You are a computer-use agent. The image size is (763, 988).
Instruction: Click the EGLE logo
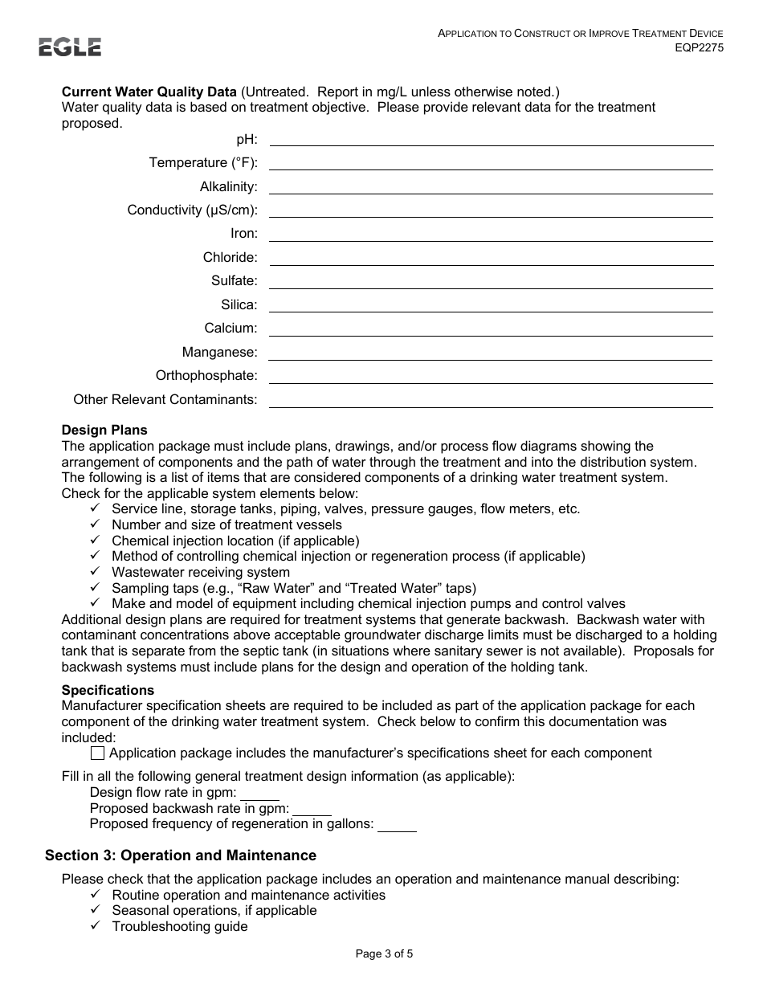(x=70, y=47)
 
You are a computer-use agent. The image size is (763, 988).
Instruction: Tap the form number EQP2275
(x=699, y=47)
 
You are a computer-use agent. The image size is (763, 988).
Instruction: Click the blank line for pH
(x=491, y=140)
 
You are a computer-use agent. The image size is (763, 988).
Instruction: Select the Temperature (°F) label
(x=202, y=163)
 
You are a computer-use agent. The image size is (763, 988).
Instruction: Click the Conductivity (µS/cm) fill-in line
(x=491, y=210)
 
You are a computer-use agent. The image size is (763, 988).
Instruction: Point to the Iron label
(x=243, y=234)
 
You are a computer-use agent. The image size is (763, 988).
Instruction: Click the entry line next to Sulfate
(x=491, y=282)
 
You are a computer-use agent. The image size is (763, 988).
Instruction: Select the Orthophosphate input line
(x=491, y=377)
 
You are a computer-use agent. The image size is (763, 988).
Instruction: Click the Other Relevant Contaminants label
(x=165, y=400)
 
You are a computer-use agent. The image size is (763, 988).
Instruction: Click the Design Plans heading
(x=104, y=431)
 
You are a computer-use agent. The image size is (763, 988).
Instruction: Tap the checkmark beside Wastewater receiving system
(x=95, y=572)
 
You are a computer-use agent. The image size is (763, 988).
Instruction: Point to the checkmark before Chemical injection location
(x=95, y=541)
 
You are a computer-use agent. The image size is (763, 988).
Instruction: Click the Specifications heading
(x=108, y=690)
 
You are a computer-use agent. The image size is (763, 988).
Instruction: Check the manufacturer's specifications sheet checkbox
(x=97, y=753)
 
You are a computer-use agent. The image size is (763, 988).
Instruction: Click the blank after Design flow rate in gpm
(x=259, y=794)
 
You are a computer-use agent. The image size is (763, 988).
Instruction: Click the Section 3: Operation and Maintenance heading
(x=181, y=855)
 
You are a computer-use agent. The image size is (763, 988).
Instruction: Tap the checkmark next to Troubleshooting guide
(x=95, y=926)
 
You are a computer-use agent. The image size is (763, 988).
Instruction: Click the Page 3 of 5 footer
(x=384, y=954)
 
